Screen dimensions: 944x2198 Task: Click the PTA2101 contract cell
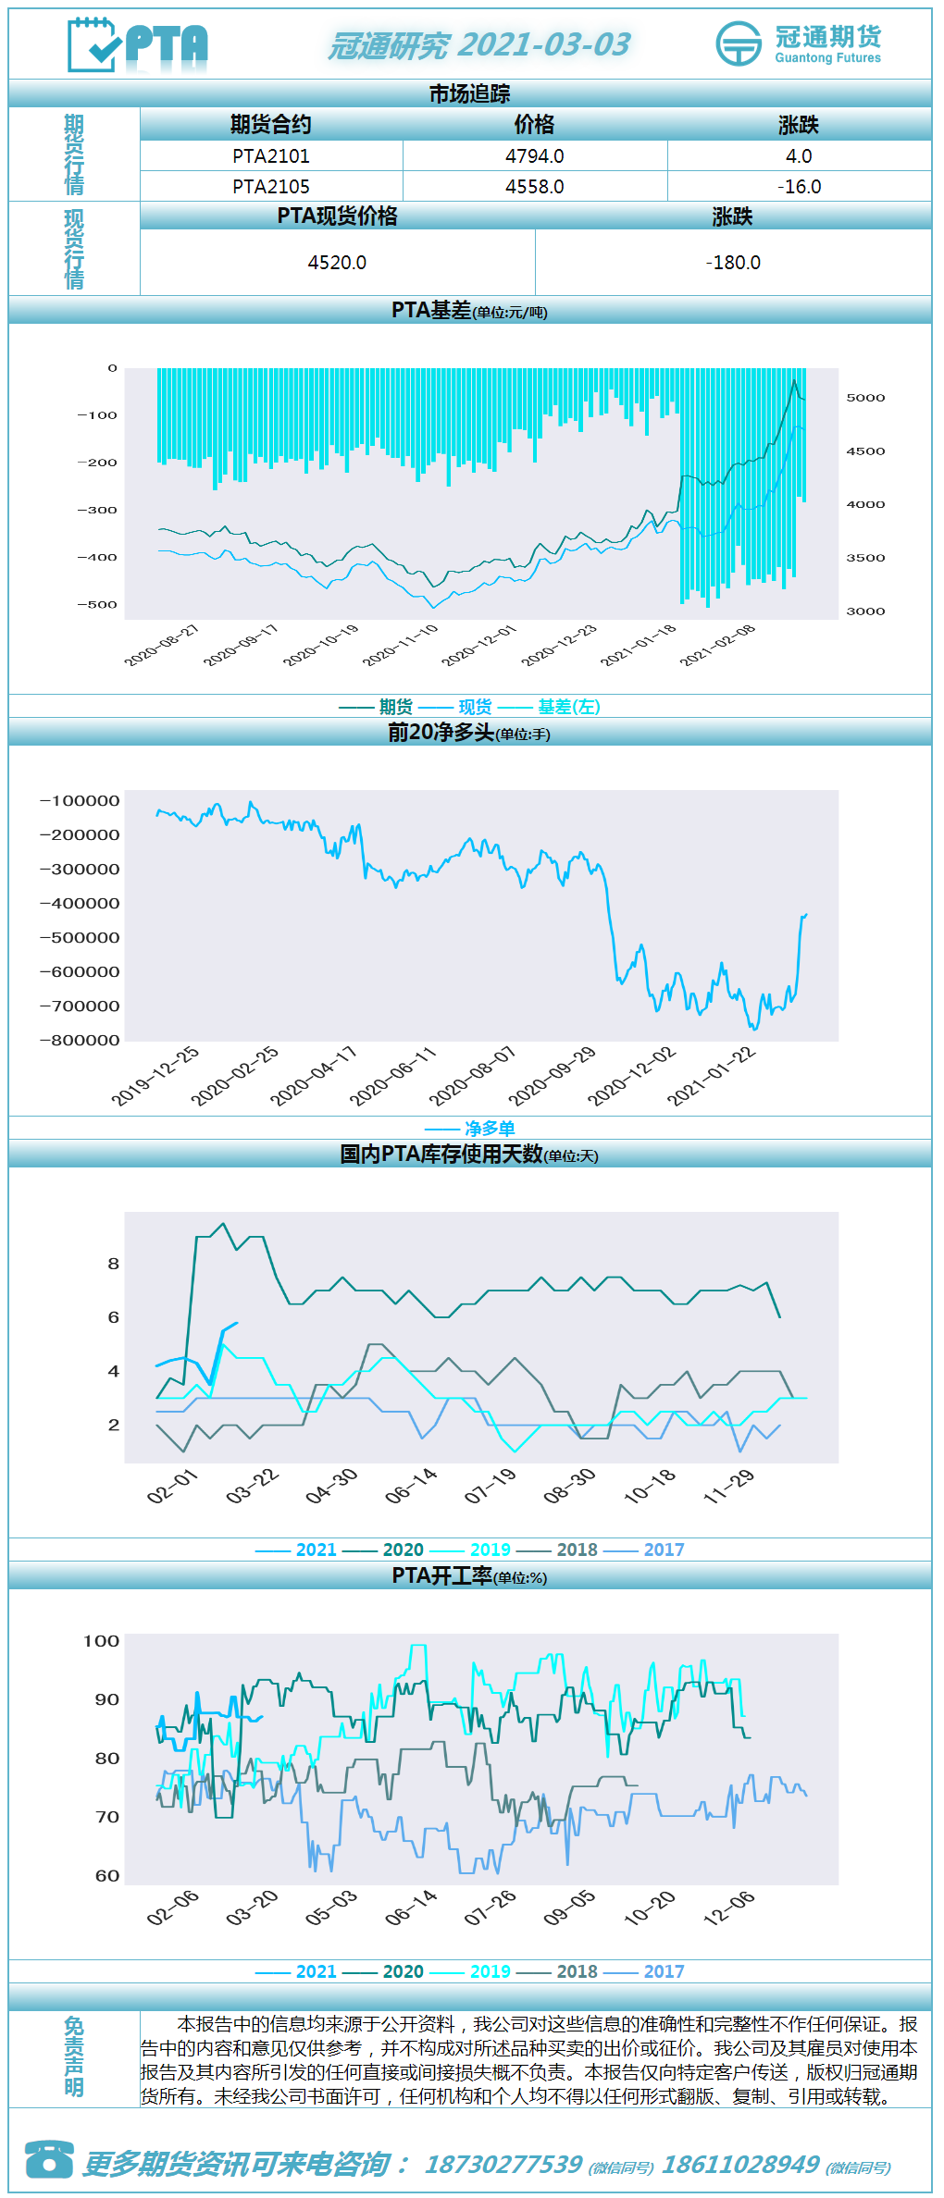[x=271, y=156]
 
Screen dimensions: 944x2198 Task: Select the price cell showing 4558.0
[x=535, y=187]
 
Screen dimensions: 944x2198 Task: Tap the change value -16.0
[x=800, y=187]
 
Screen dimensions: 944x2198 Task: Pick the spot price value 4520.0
[x=337, y=263]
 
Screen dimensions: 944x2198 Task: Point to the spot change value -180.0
[x=733, y=263]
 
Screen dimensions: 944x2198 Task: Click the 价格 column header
[x=535, y=125]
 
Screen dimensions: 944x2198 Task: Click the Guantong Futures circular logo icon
[x=739, y=43]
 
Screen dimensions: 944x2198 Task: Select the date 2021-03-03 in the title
[x=544, y=44]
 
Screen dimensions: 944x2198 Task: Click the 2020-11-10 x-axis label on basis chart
[x=400, y=645]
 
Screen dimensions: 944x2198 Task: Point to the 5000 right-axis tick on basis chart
[x=865, y=398]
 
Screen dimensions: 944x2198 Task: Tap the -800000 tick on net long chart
[x=80, y=1041]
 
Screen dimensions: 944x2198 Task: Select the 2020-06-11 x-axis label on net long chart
[x=392, y=1077]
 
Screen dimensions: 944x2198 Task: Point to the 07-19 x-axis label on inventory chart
[x=491, y=1486]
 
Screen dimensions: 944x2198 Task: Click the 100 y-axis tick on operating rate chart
[x=102, y=1641]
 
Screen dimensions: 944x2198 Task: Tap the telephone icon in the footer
[x=49, y=2159]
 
